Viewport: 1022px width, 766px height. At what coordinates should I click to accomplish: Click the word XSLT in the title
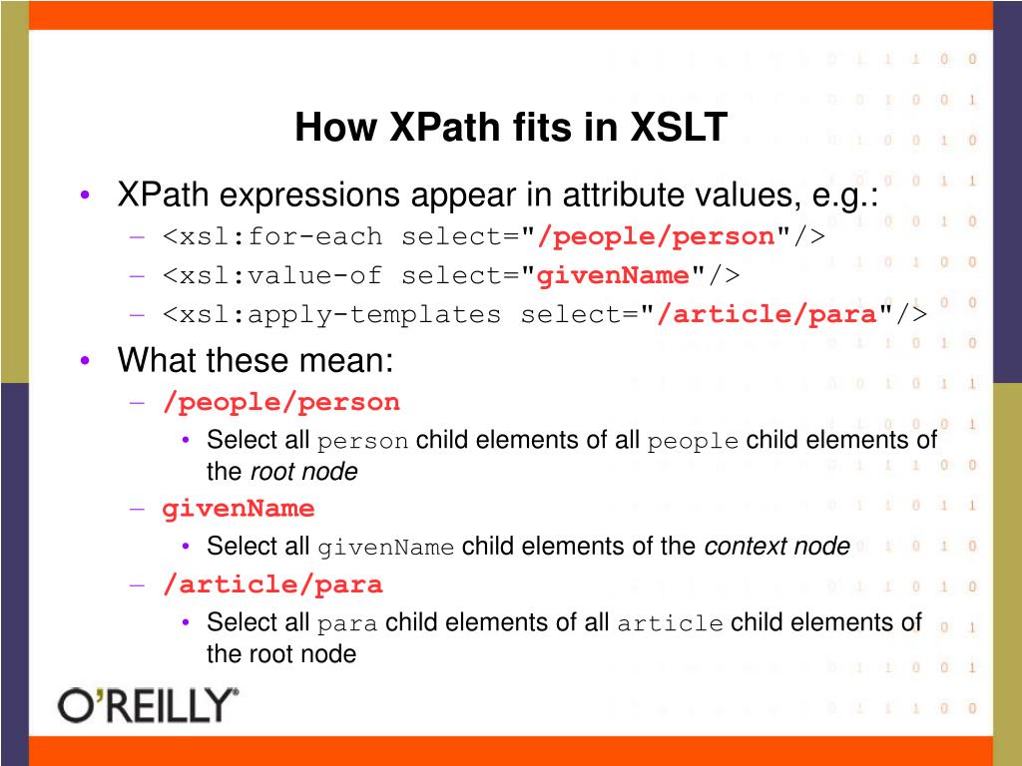click(678, 127)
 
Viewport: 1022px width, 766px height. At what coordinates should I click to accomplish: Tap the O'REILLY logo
click(148, 705)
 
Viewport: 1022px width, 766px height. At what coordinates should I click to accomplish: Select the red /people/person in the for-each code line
click(657, 236)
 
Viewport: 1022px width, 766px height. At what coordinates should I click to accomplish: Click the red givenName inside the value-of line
click(613, 275)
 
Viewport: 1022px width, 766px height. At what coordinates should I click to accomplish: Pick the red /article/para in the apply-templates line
click(767, 314)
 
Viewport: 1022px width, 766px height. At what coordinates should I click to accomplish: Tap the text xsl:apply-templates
click(340, 314)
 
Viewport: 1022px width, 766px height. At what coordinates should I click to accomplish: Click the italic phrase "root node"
click(304, 472)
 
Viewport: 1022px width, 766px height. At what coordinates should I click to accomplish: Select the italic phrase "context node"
click(776, 546)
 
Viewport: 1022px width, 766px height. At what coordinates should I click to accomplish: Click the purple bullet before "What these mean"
click(85, 360)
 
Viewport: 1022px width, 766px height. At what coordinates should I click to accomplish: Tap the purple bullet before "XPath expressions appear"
click(85, 194)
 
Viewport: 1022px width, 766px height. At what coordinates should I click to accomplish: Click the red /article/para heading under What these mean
click(272, 584)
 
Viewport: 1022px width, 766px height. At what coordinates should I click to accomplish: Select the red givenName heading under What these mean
click(239, 508)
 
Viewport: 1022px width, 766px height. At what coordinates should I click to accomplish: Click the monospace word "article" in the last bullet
click(670, 623)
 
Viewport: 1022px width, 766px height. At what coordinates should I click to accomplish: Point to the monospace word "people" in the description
click(693, 442)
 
